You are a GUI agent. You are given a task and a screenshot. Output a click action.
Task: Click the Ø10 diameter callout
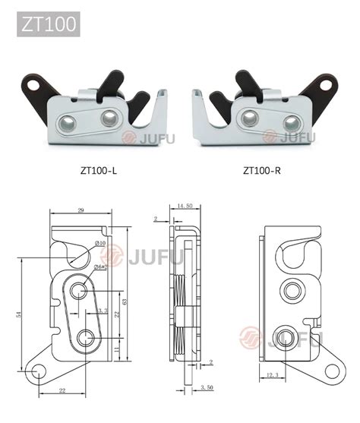[99, 243]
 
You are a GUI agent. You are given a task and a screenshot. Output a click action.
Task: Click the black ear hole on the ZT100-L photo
[33, 84]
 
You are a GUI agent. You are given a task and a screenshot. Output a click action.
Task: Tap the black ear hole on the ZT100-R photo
[327, 84]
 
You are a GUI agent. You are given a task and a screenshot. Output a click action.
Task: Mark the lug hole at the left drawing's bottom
[41, 371]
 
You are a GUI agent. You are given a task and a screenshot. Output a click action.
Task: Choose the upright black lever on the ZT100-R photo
[245, 82]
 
